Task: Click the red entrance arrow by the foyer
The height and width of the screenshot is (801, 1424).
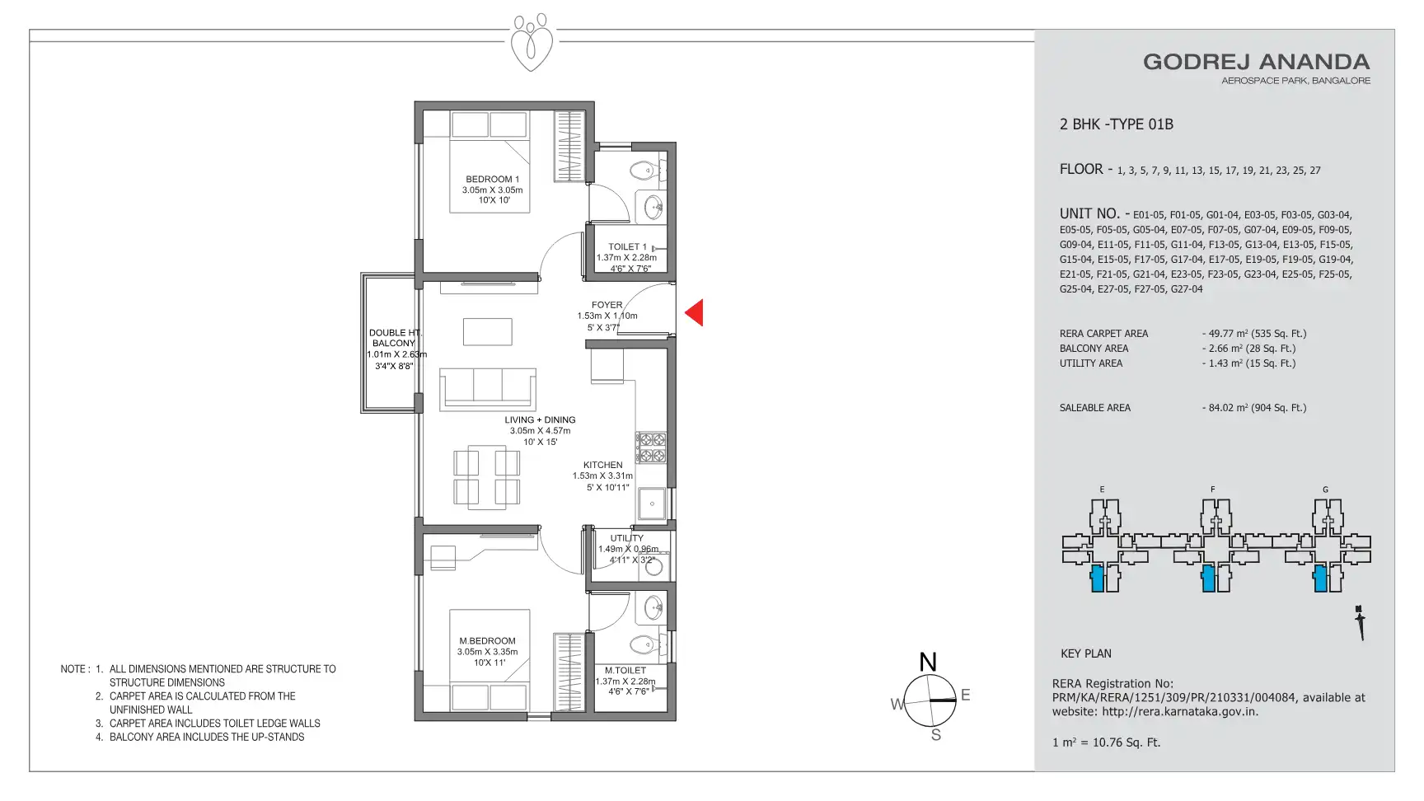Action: pos(695,312)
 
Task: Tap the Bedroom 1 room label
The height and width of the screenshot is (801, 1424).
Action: pos(493,179)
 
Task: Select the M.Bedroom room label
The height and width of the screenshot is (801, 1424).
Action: pos(488,640)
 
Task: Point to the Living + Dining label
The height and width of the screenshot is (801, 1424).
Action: pos(541,419)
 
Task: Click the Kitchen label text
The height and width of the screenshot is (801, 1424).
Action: pos(603,465)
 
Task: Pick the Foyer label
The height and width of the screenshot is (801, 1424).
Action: pos(607,305)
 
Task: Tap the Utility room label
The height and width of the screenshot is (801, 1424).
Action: pos(627,538)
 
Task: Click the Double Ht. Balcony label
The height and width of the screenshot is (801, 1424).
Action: pos(395,338)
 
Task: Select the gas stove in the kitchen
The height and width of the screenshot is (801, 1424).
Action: pos(651,447)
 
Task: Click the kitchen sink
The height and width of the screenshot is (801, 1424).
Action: pos(652,504)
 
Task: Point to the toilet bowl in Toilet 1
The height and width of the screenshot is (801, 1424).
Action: pos(641,171)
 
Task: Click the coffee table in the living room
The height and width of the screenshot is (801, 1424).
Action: pos(488,331)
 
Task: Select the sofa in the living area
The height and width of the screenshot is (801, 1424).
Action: pos(488,389)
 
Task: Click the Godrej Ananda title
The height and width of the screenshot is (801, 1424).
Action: pos(1256,62)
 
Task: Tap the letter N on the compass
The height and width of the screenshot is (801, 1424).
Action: pos(928,662)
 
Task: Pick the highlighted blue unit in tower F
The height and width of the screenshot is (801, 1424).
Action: pos(1208,578)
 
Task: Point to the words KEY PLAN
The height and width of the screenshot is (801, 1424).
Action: pos(1086,653)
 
